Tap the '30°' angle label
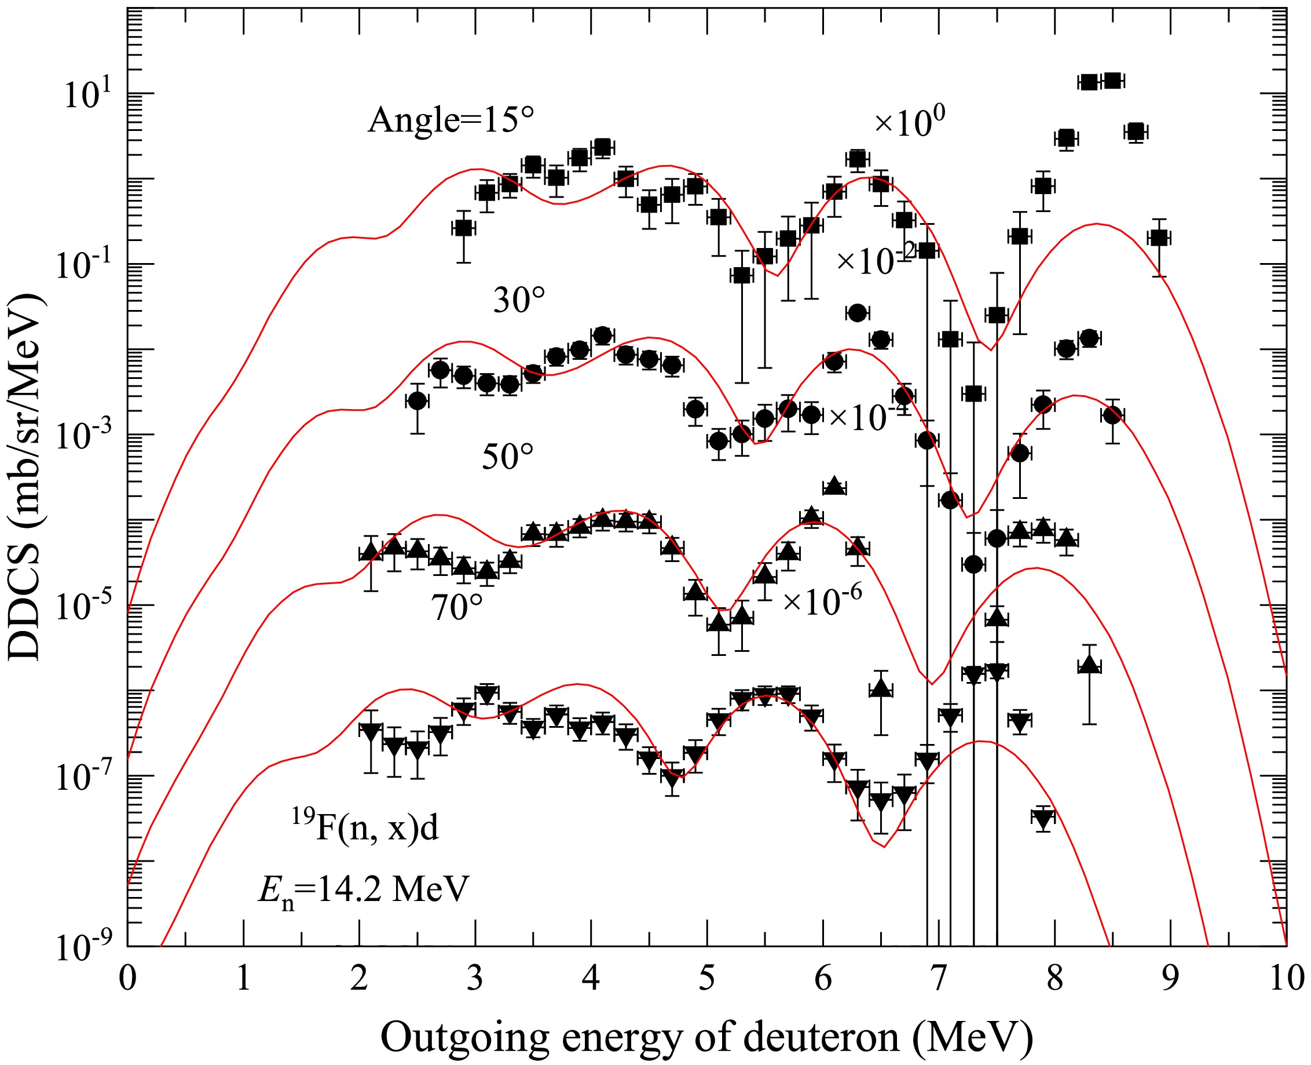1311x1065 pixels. (x=519, y=301)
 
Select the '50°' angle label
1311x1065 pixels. (x=507, y=457)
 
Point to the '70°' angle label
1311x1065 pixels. (x=457, y=608)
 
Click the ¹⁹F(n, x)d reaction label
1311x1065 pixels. (x=365, y=826)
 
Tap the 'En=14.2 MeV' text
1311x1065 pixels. (x=364, y=889)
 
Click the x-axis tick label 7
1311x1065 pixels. (x=939, y=978)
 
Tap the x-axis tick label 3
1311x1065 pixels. (x=475, y=978)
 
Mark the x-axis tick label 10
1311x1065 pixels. (x=1287, y=978)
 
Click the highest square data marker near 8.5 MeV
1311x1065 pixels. (x=1112, y=81)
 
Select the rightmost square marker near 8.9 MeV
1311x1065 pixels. (x=1158, y=238)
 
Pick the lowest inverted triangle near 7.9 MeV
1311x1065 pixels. (x=1043, y=818)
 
